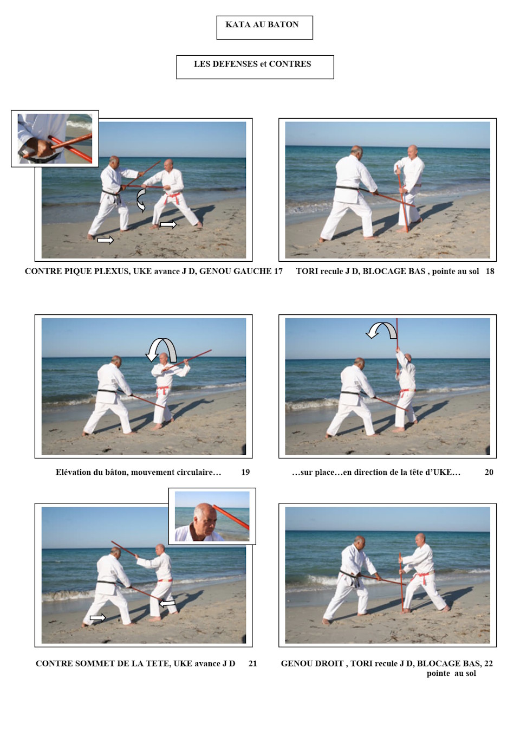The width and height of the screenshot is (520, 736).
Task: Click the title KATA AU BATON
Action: pyautogui.click(x=262, y=24)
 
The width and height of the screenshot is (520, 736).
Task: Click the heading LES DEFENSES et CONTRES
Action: pyautogui.click(x=252, y=64)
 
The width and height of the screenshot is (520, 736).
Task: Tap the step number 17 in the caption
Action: pyautogui.click(x=278, y=271)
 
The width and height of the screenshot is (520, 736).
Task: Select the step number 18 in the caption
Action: pyautogui.click(x=490, y=271)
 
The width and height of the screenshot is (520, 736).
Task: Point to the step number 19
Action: pyautogui.click(x=245, y=472)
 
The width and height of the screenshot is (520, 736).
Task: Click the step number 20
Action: pyautogui.click(x=489, y=472)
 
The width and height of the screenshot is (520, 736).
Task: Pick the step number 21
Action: pyautogui.click(x=252, y=663)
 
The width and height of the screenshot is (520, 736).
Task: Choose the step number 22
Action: pyautogui.click(x=489, y=663)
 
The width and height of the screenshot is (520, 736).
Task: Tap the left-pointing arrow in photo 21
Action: pyautogui.click(x=167, y=603)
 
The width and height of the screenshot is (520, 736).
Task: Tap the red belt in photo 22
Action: pyautogui.click(x=424, y=577)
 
